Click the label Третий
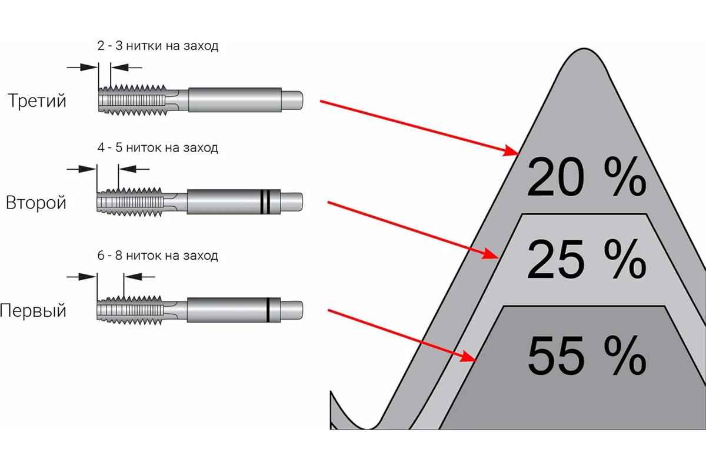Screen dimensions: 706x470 pyautogui.click(x=37, y=100)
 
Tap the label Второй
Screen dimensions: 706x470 pyautogui.click(x=36, y=203)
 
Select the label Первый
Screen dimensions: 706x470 pyautogui.click(x=33, y=311)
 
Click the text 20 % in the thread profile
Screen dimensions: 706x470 pyautogui.click(x=587, y=177)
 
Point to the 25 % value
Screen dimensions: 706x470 pyautogui.click(x=587, y=260)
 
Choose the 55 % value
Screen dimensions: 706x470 pyautogui.click(x=587, y=355)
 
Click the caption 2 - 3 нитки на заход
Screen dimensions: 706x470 pyautogui.click(x=158, y=46)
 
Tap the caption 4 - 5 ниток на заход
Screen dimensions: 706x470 pyautogui.click(x=158, y=147)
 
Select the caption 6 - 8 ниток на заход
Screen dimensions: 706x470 pyautogui.click(x=158, y=256)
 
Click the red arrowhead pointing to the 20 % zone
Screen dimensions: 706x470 pyautogui.click(x=511, y=151)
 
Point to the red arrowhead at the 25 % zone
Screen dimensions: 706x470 pyautogui.click(x=491, y=254)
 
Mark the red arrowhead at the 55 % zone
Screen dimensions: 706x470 pyautogui.click(x=469, y=357)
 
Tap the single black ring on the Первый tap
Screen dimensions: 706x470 pyautogui.click(x=268, y=310)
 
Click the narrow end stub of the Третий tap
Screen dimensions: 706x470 pyautogui.click(x=292, y=100)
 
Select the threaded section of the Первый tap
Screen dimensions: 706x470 pyautogui.click(x=130, y=310)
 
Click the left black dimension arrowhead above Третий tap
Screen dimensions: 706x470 pyautogui.click(x=89, y=67)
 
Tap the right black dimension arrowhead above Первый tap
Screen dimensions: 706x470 pyautogui.click(x=133, y=277)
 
